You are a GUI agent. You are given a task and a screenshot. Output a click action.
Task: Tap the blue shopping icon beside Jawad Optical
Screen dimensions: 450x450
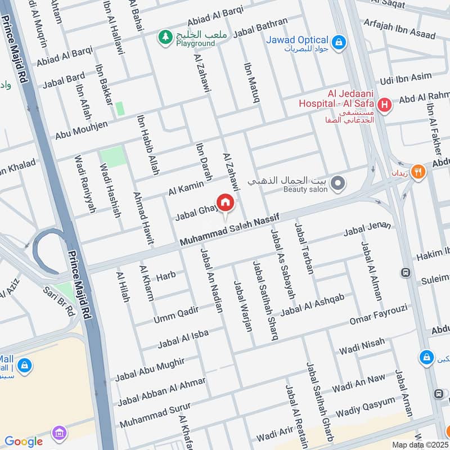tap(338, 41)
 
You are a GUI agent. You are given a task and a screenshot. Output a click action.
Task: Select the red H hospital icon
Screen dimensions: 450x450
tap(385, 105)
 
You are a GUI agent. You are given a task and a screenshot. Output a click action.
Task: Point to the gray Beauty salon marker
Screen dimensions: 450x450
tap(337, 183)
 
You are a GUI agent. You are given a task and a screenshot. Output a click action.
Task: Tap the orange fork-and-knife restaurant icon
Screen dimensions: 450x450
tap(417, 172)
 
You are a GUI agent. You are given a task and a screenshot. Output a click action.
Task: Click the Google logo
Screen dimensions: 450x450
tap(24, 442)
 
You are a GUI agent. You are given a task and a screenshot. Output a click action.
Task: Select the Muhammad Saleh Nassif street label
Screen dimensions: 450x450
tap(229, 231)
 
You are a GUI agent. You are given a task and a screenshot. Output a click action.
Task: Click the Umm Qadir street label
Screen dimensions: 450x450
tap(176, 316)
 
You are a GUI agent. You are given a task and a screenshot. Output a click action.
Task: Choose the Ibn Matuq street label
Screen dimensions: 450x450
tap(251, 83)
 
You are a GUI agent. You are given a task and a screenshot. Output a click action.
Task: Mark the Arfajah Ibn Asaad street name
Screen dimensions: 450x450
tap(399, 28)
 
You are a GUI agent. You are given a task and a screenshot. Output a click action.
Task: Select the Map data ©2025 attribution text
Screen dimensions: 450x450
tap(420, 444)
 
